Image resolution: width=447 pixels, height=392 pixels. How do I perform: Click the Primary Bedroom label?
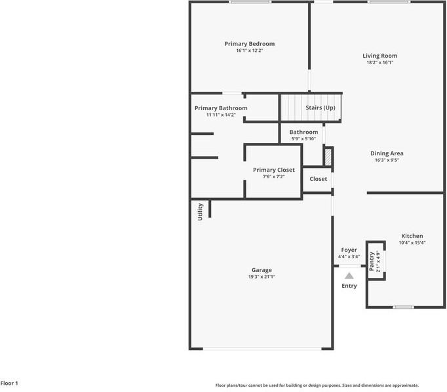coord(248,44)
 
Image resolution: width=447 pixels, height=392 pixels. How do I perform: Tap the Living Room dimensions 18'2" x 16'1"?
coord(379,63)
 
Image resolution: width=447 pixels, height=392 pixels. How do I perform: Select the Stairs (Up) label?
coord(321,108)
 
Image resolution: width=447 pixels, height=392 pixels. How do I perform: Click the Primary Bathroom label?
coord(221,108)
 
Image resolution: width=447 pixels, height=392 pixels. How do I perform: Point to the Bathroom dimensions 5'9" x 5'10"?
coord(303,138)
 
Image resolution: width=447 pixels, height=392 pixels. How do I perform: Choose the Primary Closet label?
coord(274,170)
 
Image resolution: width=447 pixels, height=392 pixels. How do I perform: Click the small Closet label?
coord(318,179)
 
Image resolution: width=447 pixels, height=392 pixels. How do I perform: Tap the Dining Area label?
coord(387,153)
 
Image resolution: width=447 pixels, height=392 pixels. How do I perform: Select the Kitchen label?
coord(412,236)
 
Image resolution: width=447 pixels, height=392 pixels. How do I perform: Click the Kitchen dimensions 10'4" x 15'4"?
coord(412,243)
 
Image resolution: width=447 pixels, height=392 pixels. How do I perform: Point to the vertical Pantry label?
coord(372,261)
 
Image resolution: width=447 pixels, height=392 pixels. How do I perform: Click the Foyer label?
coord(349,250)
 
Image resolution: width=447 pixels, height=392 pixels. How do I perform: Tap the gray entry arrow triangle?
coord(349,276)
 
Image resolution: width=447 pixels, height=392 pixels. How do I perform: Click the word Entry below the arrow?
coord(349,286)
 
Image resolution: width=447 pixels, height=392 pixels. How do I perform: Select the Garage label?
coord(262,270)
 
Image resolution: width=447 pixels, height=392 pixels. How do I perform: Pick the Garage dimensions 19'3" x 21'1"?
coord(262,277)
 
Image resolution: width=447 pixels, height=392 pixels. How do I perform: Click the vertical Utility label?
coord(201,211)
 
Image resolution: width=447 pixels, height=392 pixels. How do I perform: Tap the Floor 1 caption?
coord(9,383)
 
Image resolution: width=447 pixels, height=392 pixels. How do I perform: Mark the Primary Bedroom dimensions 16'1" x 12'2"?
coord(248,50)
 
